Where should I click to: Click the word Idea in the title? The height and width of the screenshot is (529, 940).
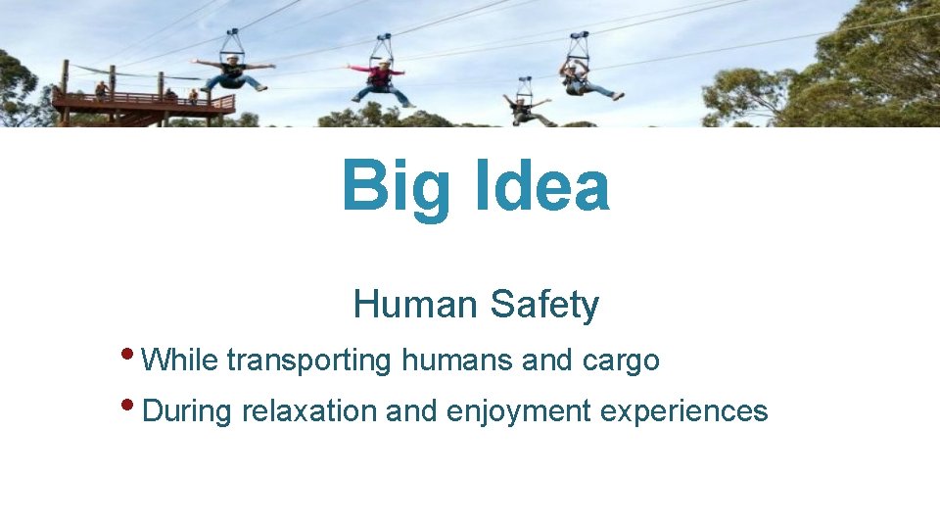tap(542, 185)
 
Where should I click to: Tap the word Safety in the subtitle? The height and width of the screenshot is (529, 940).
tap(544, 306)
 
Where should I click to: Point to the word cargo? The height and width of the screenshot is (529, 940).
tap(621, 361)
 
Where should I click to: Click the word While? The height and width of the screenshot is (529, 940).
tap(179, 360)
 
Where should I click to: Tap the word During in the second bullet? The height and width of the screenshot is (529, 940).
tap(187, 410)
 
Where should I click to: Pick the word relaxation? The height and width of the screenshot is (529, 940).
tap(309, 410)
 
